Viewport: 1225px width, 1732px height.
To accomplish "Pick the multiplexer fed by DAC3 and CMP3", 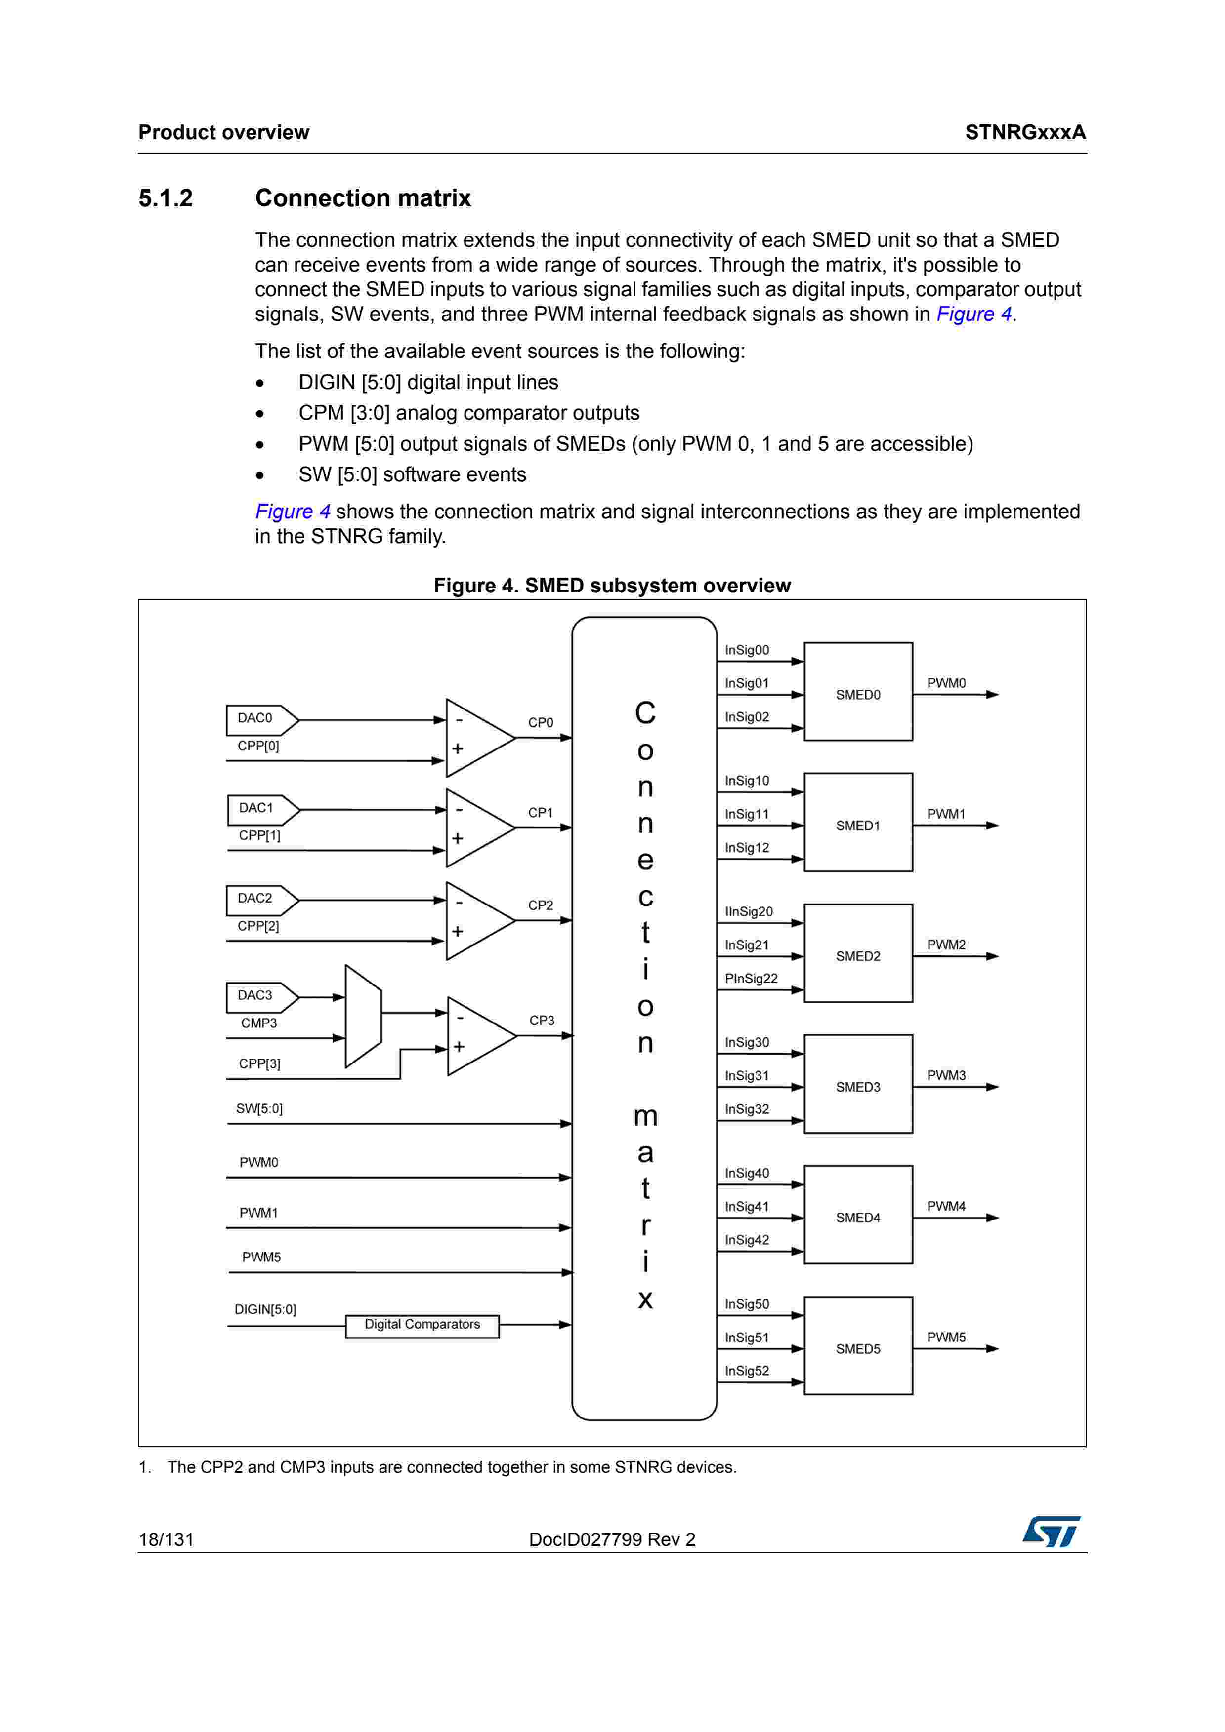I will coord(363,1016).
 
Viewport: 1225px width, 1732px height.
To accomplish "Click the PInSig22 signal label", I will coord(750,979).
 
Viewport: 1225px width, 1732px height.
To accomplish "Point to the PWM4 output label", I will coord(946,1206).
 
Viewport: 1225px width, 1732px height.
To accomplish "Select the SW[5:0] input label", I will coord(259,1108).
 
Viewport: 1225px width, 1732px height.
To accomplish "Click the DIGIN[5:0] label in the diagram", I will coord(265,1309).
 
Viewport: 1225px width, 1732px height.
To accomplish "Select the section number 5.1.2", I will coord(166,197).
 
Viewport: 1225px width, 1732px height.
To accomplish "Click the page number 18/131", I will coord(166,1539).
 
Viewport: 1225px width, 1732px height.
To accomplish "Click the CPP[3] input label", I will coord(259,1063).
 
